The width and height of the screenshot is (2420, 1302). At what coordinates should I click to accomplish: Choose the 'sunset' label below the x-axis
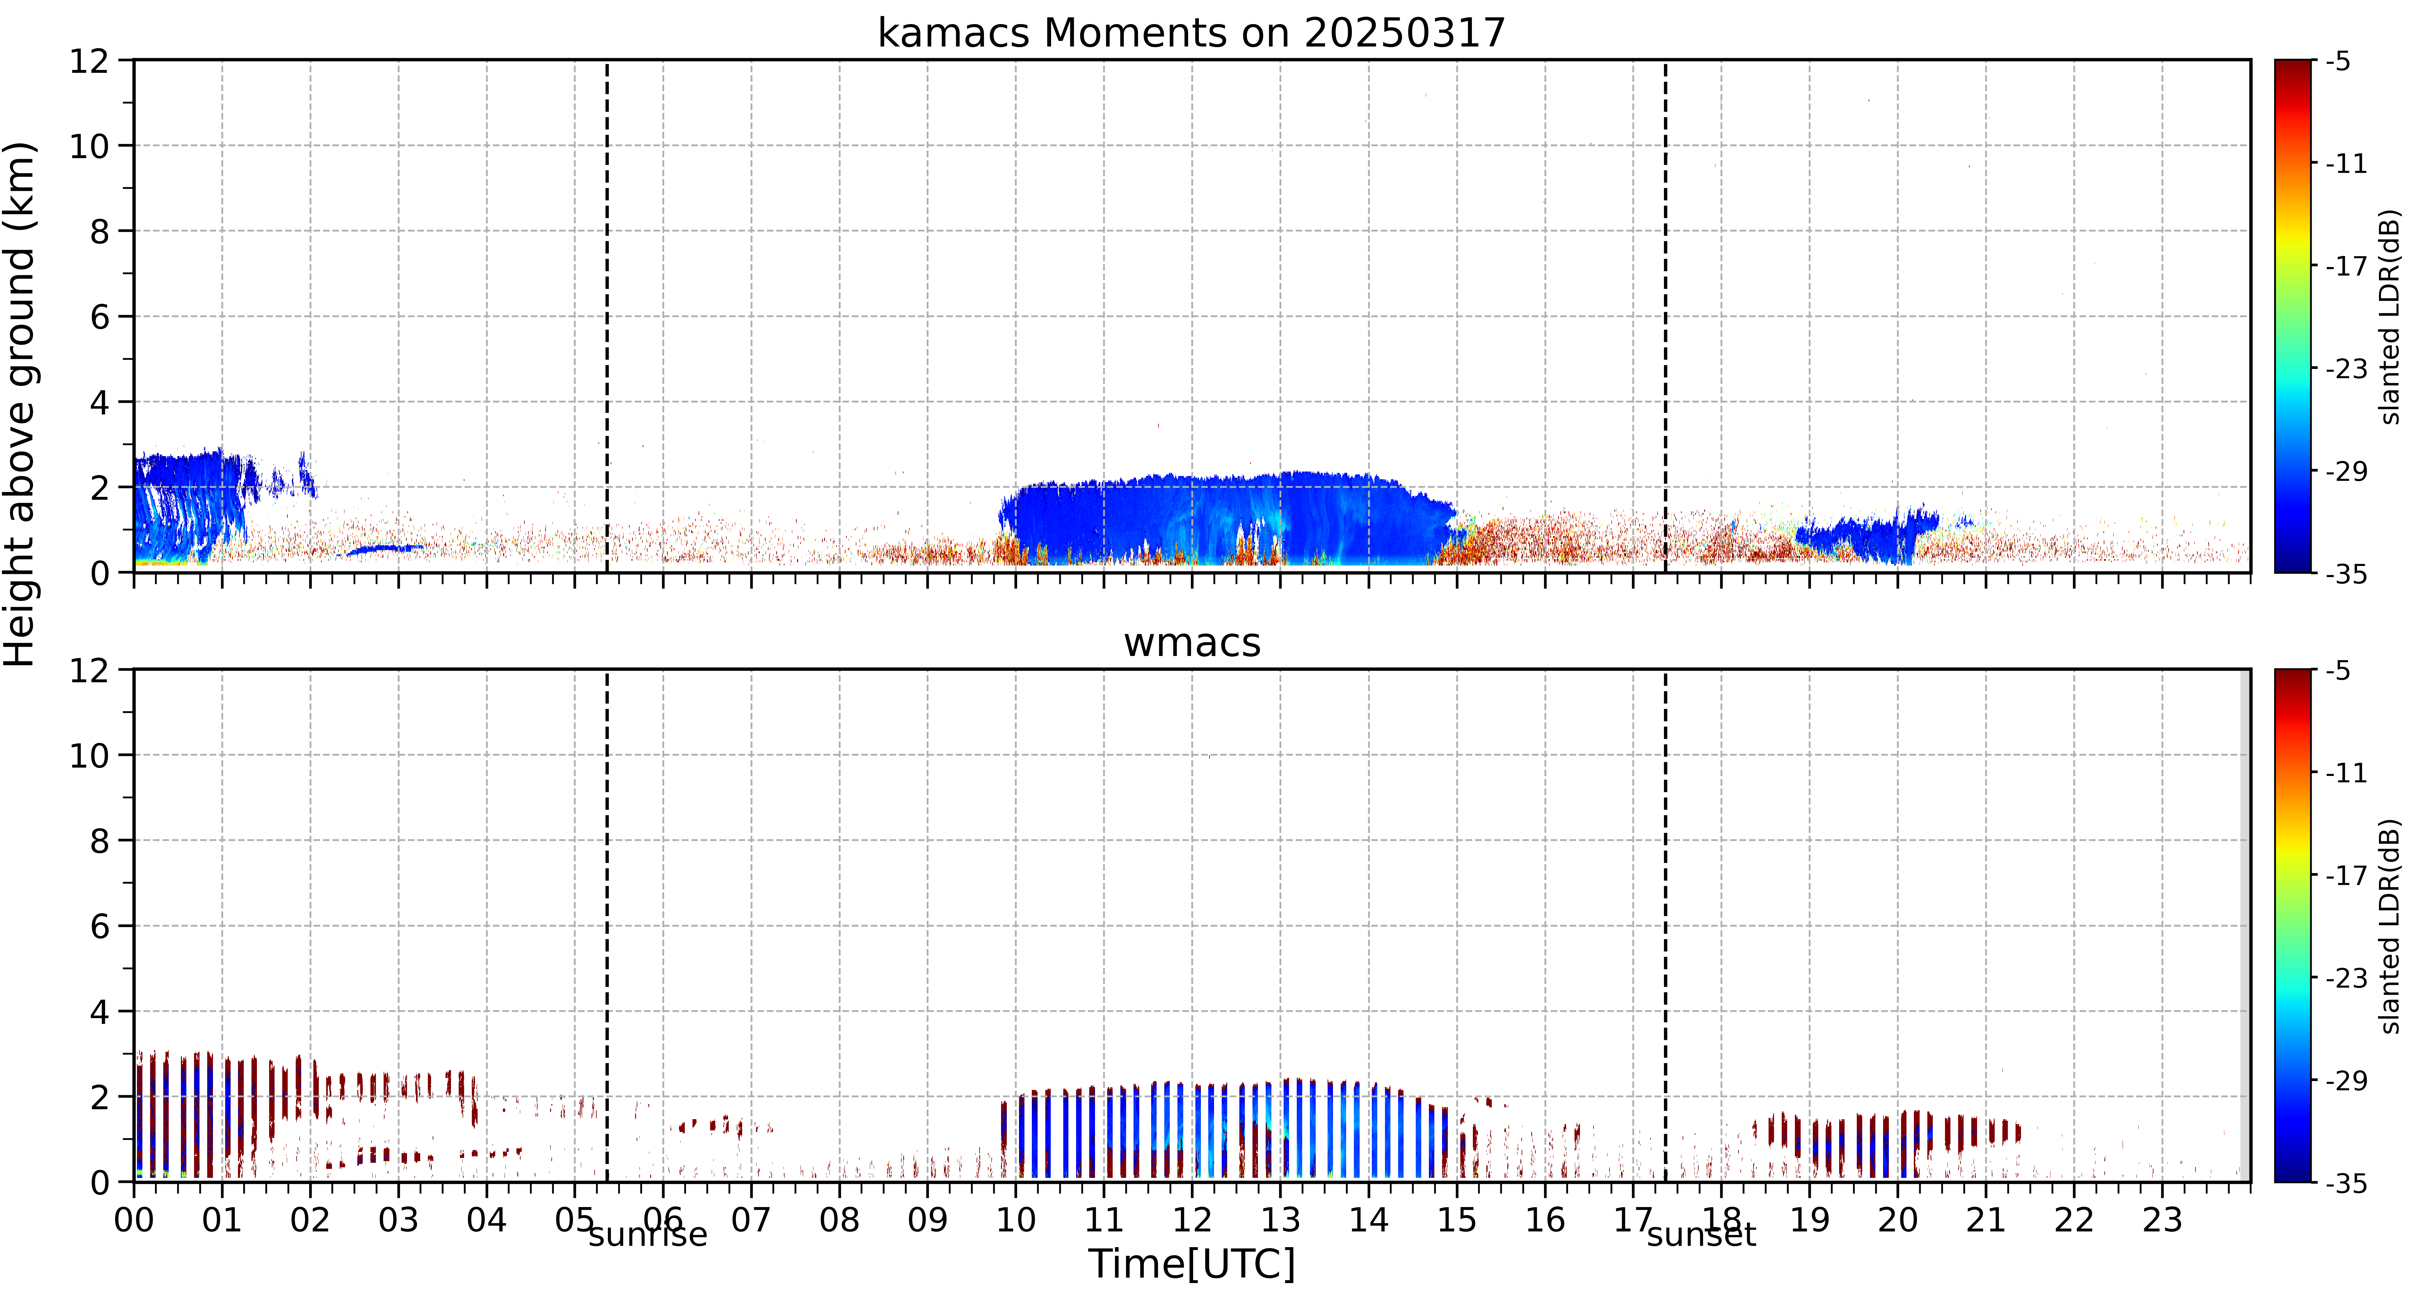tap(1701, 1234)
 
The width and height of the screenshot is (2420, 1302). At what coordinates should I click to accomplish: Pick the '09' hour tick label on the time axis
tap(927, 1220)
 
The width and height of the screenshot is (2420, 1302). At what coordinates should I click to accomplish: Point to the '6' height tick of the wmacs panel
tap(99, 926)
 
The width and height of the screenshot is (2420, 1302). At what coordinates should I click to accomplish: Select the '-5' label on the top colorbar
tap(2340, 62)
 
